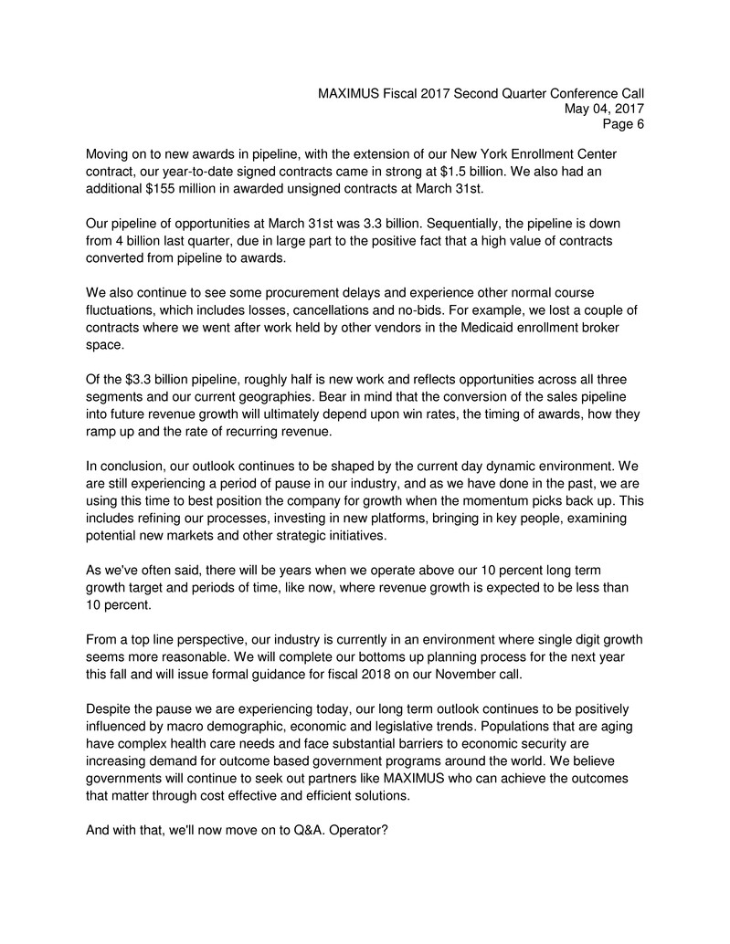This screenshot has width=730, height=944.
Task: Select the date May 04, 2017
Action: pos(605,109)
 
